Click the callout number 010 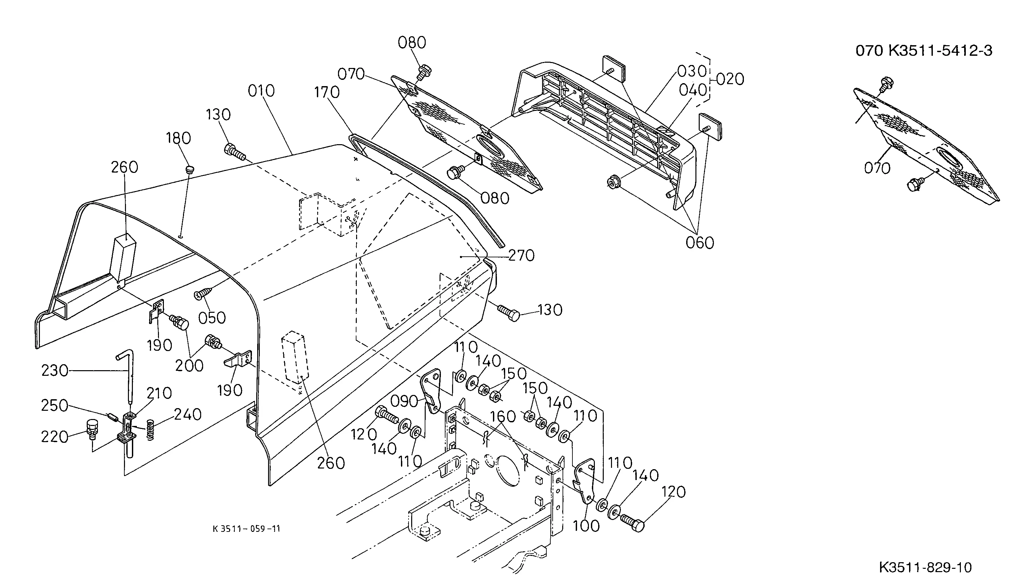pos(261,91)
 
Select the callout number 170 pos(327,92)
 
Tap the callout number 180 pos(178,138)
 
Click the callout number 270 pos(521,255)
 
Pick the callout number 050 pos(212,318)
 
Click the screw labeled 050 pos(204,294)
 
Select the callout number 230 pos(55,371)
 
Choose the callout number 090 pos(404,401)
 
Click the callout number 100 pos(586,526)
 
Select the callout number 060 pos(700,242)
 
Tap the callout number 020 pos(730,79)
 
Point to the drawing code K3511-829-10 pos(926,567)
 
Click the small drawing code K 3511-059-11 pos(246,529)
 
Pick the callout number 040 pos(693,90)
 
